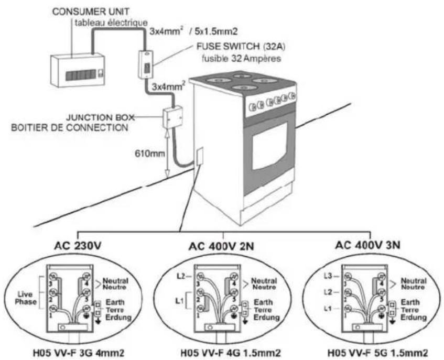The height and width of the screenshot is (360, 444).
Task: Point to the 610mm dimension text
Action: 144,153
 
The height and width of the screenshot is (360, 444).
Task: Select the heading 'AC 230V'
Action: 78,245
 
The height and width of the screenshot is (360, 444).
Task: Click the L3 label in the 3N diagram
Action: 328,275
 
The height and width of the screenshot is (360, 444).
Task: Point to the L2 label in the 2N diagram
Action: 181,275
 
